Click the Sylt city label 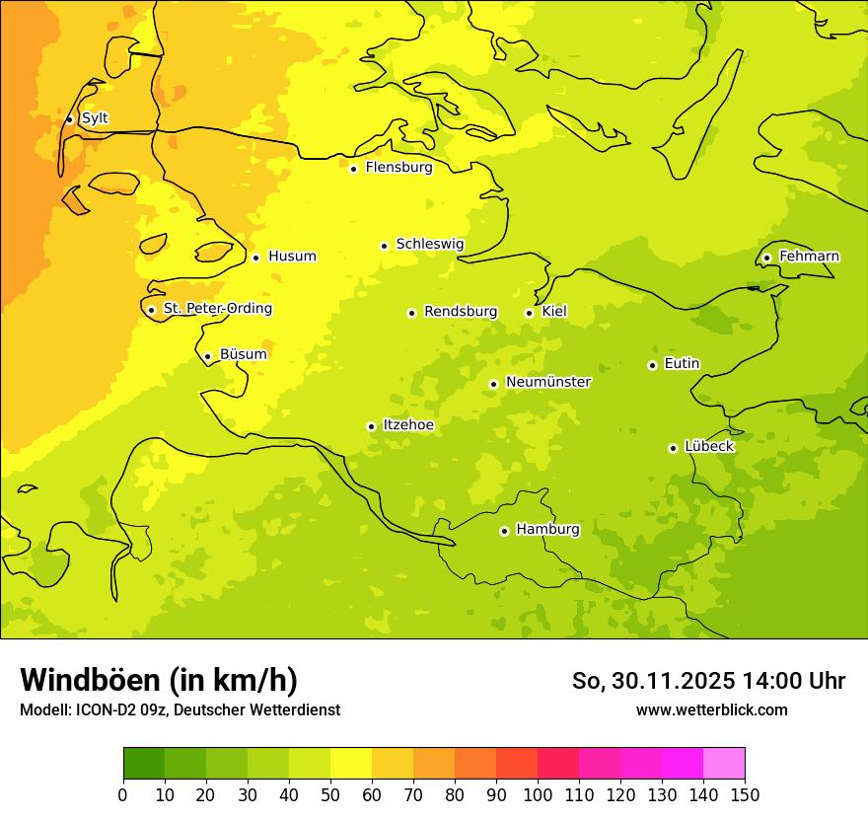(x=95, y=118)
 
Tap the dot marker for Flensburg (x=353, y=169)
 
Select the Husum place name (x=292, y=257)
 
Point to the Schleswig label (x=429, y=244)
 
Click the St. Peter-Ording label (x=217, y=309)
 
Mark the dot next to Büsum (x=207, y=357)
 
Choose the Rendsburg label (x=460, y=312)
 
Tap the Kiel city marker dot (x=529, y=313)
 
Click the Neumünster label (x=547, y=382)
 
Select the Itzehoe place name (x=407, y=425)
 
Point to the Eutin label (x=682, y=364)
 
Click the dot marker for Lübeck (x=673, y=448)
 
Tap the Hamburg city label (x=547, y=530)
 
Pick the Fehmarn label (x=809, y=257)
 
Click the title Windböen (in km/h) (x=158, y=680)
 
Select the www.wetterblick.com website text (x=711, y=709)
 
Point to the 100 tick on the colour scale (x=538, y=794)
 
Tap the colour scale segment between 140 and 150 (x=724, y=763)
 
